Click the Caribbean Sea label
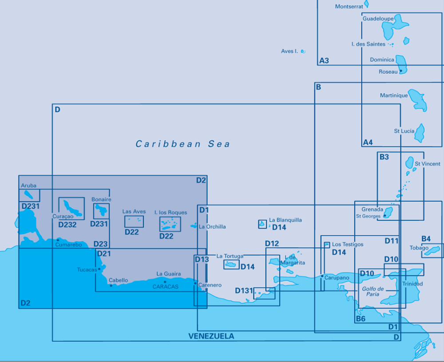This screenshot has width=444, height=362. (x=182, y=144)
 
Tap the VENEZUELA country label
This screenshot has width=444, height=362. (x=211, y=336)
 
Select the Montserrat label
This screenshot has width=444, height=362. (x=349, y=7)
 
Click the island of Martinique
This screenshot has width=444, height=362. (x=418, y=100)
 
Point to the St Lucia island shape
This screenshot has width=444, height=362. (x=419, y=132)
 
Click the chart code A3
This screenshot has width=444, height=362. (x=324, y=60)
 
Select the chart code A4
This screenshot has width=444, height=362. (x=368, y=143)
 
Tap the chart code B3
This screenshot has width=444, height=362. (x=384, y=157)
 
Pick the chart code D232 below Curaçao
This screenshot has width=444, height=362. (x=67, y=225)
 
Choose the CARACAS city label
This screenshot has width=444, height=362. (x=165, y=287)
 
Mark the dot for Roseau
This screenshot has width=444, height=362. (x=400, y=71)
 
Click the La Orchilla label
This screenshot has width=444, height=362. (x=212, y=227)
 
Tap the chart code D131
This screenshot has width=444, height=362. (x=243, y=291)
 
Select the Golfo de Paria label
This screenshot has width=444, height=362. (x=373, y=291)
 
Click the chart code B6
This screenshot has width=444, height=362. (x=361, y=319)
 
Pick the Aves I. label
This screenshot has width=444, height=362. (x=289, y=52)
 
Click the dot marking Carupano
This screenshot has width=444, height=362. (x=322, y=276)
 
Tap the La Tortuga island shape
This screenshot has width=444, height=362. (x=231, y=265)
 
